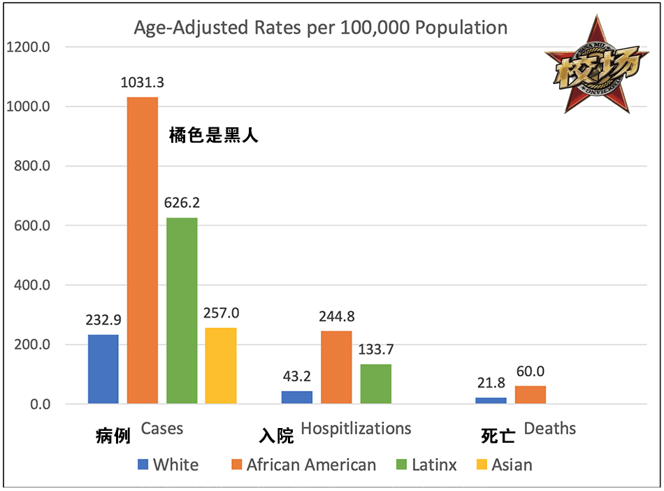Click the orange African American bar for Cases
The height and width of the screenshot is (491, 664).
(x=143, y=250)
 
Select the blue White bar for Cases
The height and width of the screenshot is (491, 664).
(x=103, y=369)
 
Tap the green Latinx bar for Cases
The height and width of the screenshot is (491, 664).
(x=182, y=311)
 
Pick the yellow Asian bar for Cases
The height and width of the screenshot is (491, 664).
(x=221, y=366)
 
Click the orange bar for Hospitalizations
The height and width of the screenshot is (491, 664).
(x=336, y=367)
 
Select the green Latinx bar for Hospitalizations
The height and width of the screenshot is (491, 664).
(x=375, y=384)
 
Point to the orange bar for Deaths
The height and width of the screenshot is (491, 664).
(x=530, y=395)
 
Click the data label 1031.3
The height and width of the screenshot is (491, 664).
(x=143, y=83)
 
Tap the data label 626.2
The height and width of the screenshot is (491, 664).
(x=182, y=204)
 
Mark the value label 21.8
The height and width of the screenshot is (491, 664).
(x=491, y=383)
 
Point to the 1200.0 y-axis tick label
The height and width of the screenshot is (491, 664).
(x=27, y=48)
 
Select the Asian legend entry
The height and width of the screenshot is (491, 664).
(x=504, y=464)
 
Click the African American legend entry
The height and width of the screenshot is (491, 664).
(x=303, y=464)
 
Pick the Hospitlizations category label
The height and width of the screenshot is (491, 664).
(x=356, y=428)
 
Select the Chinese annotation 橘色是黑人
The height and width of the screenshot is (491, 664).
(x=214, y=136)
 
